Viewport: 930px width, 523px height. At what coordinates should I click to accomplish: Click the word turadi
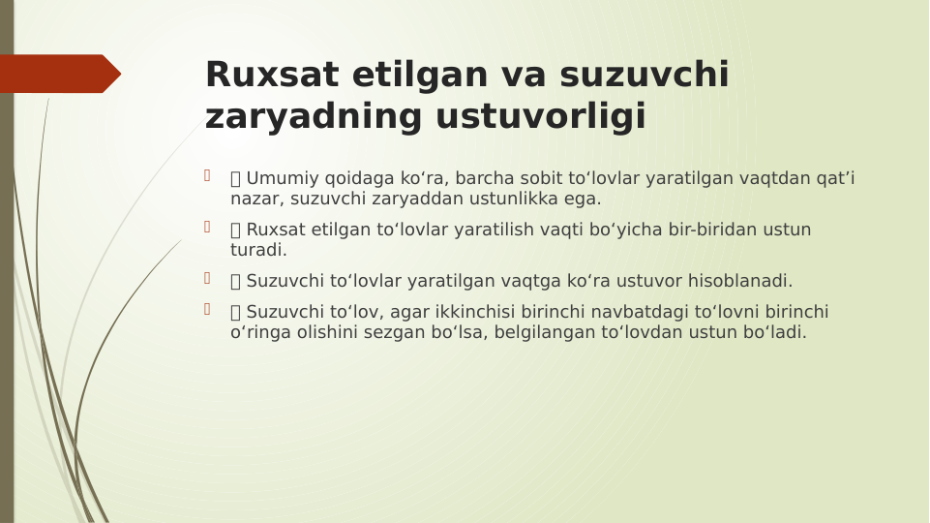[x=258, y=250]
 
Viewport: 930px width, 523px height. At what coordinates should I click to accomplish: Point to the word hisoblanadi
[x=740, y=281]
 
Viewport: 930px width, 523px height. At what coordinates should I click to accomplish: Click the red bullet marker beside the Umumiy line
[x=206, y=175]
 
